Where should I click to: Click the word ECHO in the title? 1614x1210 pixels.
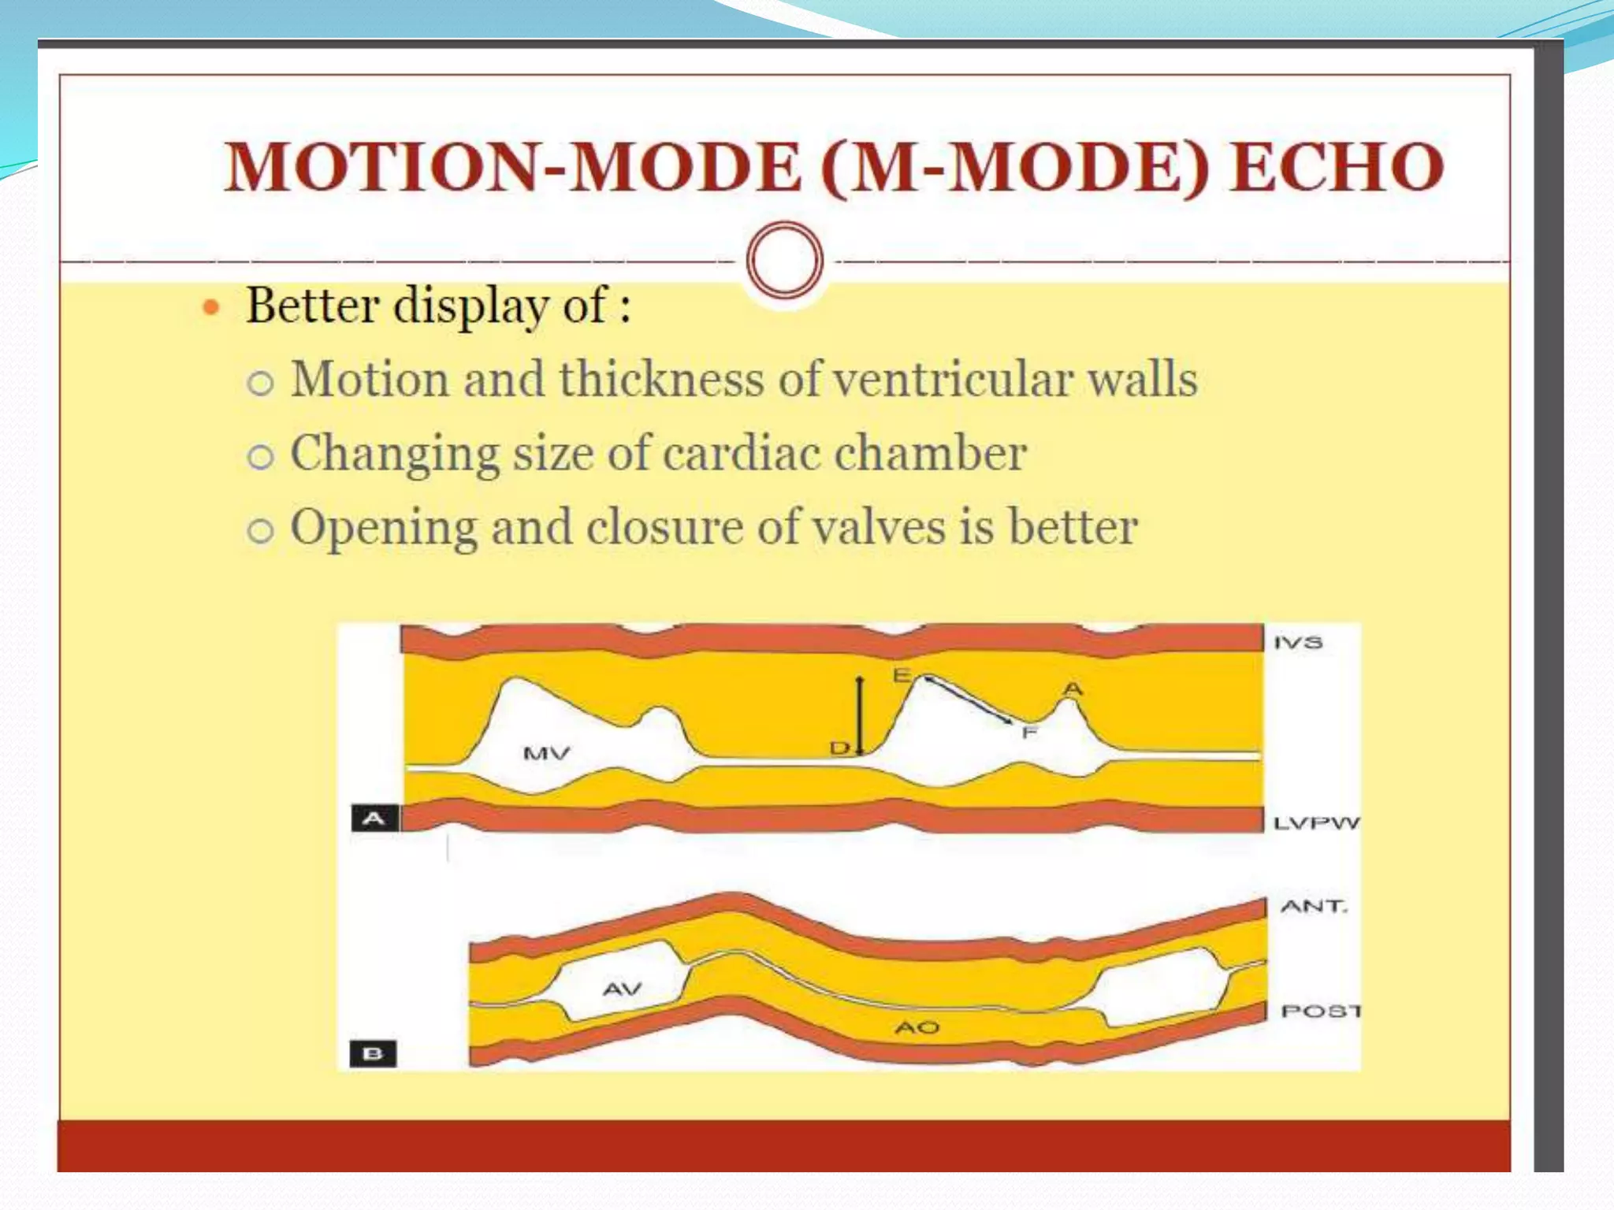1337,167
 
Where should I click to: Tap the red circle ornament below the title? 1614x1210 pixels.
784,260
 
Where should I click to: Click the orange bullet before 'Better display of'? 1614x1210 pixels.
210,307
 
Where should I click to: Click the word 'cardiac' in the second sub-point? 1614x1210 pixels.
741,454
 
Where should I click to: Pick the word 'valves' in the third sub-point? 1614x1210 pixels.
879,527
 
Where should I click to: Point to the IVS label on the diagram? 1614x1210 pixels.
1298,643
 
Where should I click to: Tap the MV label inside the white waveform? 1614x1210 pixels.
546,754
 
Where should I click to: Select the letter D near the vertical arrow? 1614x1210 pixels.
839,747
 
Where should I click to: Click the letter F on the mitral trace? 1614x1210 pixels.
1028,733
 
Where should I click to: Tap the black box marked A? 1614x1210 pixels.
374,818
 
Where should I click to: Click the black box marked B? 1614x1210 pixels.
373,1053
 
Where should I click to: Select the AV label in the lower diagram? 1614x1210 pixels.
623,989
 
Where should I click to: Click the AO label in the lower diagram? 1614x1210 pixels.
917,1027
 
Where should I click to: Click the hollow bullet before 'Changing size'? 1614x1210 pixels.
261,457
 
